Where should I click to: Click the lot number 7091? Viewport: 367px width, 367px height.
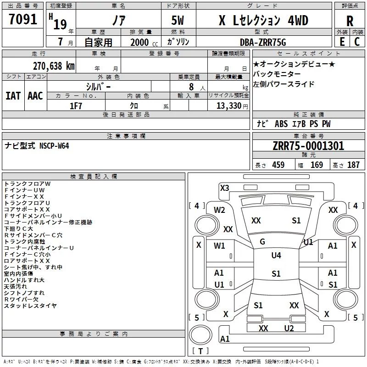[x=23, y=19]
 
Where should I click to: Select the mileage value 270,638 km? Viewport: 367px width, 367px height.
[x=54, y=66]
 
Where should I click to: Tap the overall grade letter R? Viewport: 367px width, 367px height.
[x=350, y=21]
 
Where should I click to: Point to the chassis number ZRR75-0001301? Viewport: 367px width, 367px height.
[x=308, y=146]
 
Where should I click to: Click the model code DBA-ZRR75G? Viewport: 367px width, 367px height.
[x=263, y=42]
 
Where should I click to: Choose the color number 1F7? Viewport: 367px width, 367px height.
[x=76, y=106]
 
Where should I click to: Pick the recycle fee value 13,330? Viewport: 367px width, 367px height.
[x=228, y=106]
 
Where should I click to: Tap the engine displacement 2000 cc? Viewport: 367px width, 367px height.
[x=144, y=42]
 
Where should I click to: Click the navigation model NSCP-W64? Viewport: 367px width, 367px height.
[x=54, y=146]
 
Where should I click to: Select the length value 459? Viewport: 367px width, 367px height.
[x=278, y=165]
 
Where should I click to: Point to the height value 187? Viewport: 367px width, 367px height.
[x=353, y=165]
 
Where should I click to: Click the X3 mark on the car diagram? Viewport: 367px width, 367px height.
[x=224, y=188]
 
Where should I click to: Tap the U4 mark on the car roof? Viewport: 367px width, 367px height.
[x=276, y=256]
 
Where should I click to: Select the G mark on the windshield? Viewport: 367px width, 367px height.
[x=262, y=242]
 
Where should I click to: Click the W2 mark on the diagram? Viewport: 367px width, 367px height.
[x=219, y=210]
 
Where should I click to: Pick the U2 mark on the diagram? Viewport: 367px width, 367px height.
[x=289, y=328]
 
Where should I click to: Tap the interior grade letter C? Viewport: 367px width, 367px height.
[x=357, y=42]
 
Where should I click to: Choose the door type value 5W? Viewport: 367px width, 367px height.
[x=178, y=20]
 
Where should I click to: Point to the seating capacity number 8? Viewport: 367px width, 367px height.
[x=191, y=87]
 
